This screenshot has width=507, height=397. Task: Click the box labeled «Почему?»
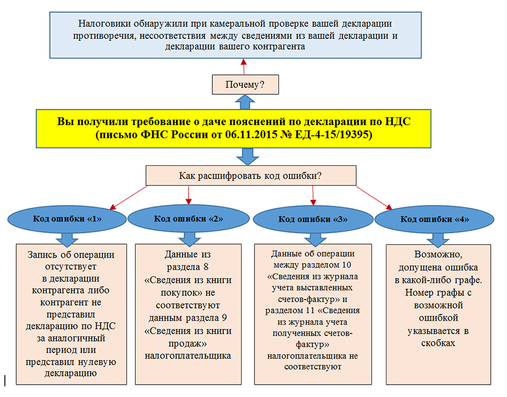(x=245, y=85)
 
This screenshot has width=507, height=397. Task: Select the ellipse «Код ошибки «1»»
(x=67, y=219)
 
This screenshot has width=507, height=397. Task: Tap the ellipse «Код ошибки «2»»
(x=189, y=219)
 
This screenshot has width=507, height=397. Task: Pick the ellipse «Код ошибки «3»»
(x=313, y=219)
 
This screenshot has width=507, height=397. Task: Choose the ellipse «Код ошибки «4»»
(x=434, y=219)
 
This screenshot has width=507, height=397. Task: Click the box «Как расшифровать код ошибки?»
(x=251, y=176)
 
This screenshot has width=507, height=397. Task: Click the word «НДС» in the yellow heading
(x=398, y=121)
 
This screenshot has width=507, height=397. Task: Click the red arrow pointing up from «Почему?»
(x=244, y=67)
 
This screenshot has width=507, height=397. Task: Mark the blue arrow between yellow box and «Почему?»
(x=245, y=102)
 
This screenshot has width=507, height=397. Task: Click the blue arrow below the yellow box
(x=248, y=157)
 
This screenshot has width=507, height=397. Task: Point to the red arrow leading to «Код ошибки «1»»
(x=128, y=197)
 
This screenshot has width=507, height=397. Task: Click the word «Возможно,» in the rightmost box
(x=438, y=255)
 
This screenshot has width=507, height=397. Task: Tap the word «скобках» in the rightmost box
(x=438, y=343)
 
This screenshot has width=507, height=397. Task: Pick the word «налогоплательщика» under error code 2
(x=188, y=356)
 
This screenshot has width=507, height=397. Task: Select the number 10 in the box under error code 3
(x=346, y=265)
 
